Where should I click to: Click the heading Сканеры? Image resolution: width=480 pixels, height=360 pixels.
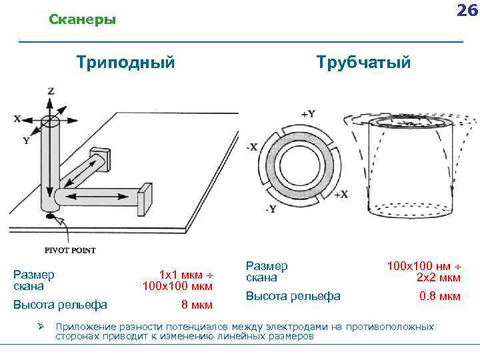click(x=83, y=20)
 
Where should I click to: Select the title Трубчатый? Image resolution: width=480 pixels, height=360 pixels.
click(x=364, y=63)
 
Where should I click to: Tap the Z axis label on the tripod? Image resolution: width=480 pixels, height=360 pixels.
click(x=51, y=91)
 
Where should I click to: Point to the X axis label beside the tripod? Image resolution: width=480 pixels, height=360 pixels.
click(x=17, y=119)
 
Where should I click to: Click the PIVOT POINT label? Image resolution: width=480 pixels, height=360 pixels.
click(x=70, y=250)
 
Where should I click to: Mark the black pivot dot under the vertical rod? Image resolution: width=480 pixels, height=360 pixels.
click(x=49, y=217)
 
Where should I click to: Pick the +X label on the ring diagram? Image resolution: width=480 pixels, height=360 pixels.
click(x=341, y=194)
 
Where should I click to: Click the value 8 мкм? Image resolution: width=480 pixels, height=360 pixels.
click(x=197, y=305)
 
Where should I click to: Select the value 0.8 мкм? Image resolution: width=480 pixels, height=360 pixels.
click(x=439, y=296)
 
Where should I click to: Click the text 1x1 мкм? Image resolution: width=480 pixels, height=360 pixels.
click(x=181, y=275)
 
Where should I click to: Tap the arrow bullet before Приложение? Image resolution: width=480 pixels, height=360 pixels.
click(x=41, y=327)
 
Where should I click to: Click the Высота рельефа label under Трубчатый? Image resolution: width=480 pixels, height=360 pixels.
click(x=293, y=296)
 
